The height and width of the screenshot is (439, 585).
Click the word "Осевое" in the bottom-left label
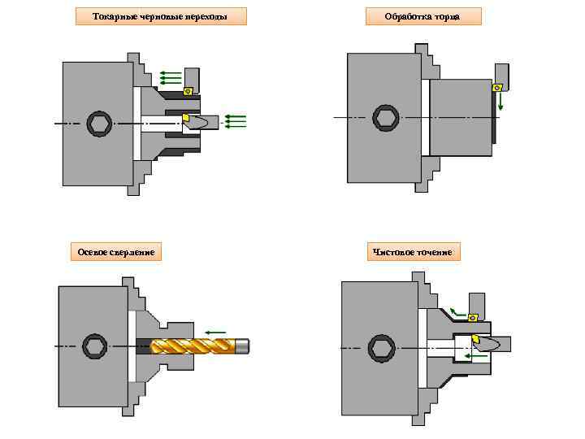93,252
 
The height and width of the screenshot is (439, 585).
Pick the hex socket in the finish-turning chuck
380,347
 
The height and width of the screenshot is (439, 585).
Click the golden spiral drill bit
191,346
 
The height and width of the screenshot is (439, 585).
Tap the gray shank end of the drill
243,346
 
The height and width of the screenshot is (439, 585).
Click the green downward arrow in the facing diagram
501,101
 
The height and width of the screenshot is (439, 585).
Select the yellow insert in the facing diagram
497,87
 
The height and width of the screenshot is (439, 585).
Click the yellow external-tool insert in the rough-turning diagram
188,91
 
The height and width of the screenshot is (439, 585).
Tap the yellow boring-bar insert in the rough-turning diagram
186,119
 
